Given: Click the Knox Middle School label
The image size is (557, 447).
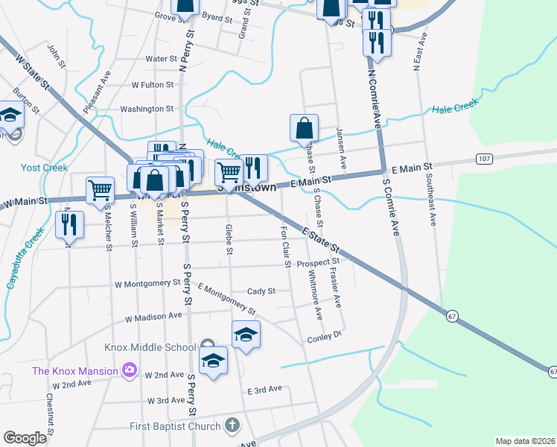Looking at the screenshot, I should (150, 347).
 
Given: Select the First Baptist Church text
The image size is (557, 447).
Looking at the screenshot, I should (174, 426).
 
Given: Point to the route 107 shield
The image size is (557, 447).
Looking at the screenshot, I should (485, 159).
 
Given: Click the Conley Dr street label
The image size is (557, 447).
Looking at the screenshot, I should (324, 337).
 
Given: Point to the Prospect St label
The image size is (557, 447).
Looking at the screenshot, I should (318, 263).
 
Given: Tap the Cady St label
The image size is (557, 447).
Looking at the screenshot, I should (261, 291).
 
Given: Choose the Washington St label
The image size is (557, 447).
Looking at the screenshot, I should (147, 109).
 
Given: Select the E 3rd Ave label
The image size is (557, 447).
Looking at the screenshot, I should (264, 389).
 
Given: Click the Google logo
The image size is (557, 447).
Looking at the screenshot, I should (25, 438).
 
